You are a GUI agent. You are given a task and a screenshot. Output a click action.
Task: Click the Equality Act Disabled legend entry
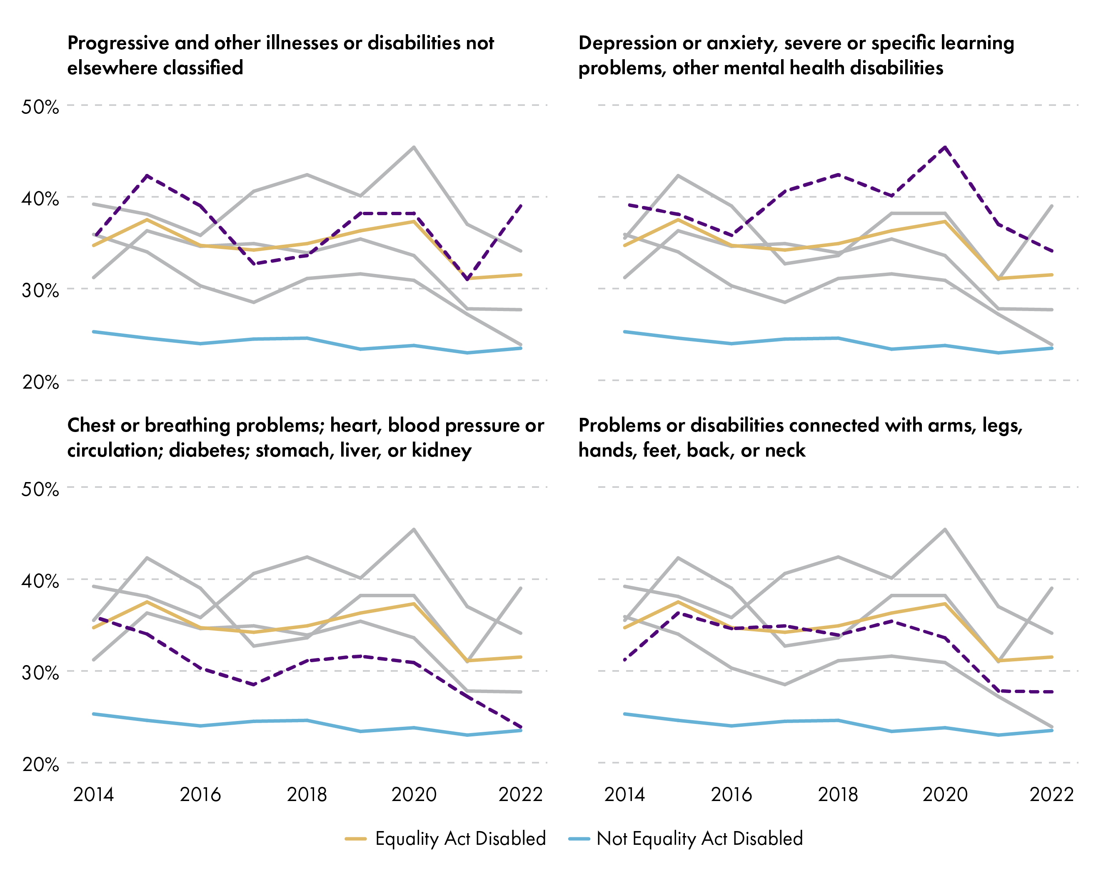tap(460, 839)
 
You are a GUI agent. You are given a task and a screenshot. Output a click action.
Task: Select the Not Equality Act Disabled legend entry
tap(699, 839)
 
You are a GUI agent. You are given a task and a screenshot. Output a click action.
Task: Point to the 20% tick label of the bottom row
tap(40, 765)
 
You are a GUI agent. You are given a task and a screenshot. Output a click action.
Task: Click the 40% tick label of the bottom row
tap(40, 581)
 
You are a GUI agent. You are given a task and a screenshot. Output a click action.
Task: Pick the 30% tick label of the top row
tap(40, 291)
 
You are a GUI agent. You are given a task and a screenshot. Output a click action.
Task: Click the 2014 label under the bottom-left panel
tap(94, 795)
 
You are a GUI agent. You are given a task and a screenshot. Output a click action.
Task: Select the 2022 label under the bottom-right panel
tap(1051, 795)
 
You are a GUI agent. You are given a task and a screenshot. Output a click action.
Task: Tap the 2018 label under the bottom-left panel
tap(307, 795)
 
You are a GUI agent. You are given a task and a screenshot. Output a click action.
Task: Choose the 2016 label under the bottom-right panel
tap(731, 795)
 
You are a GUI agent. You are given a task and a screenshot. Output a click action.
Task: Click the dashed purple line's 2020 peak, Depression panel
tap(945, 147)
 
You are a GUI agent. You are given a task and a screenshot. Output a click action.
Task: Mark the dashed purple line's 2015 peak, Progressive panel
tap(147, 176)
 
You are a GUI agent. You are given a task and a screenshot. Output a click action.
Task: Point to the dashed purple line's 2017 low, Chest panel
tap(253, 685)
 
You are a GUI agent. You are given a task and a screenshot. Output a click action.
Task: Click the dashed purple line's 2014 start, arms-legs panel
tap(625, 660)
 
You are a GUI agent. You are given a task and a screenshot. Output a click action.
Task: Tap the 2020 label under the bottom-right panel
tap(945, 795)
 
